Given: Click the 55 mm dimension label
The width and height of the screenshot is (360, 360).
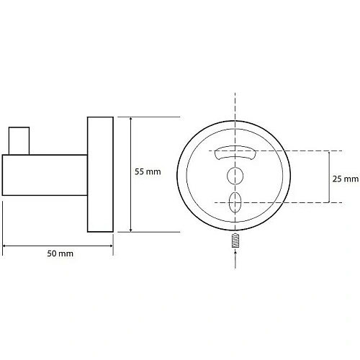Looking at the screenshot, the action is click(x=148, y=172).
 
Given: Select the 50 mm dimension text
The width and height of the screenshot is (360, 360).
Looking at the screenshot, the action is click(x=60, y=253).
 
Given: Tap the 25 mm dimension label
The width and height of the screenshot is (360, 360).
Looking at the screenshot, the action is click(x=346, y=179).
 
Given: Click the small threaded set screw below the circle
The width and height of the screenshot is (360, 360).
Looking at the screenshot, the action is click(x=235, y=240).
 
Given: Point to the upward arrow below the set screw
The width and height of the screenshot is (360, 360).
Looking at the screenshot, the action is click(x=235, y=258).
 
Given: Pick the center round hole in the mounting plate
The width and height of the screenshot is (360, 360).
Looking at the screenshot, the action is click(x=235, y=176).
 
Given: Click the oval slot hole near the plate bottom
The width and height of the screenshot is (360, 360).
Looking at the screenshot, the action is click(x=235, y=202).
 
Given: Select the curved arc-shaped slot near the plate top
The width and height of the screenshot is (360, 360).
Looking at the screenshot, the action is click(x=235, y=153).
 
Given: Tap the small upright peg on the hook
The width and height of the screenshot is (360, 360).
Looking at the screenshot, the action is click(x=19, y=141).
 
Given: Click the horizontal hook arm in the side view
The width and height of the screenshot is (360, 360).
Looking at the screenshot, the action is click(x=45, y=175).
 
